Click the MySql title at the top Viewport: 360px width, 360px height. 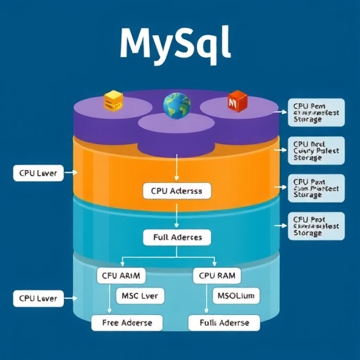175,44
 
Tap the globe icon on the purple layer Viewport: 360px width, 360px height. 176,105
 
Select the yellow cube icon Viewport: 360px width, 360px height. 113,101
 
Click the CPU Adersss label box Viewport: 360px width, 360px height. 176,191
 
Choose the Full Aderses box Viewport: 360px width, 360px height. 176,237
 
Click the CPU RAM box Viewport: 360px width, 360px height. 217,276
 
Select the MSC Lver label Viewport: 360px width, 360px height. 140,295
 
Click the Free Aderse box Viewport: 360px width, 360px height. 127,323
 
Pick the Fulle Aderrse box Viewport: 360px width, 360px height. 224,323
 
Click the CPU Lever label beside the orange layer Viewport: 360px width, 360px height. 39,172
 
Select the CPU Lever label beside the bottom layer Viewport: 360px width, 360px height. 39,299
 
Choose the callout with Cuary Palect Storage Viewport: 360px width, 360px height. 317,150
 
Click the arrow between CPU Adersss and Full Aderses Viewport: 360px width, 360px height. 176,214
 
